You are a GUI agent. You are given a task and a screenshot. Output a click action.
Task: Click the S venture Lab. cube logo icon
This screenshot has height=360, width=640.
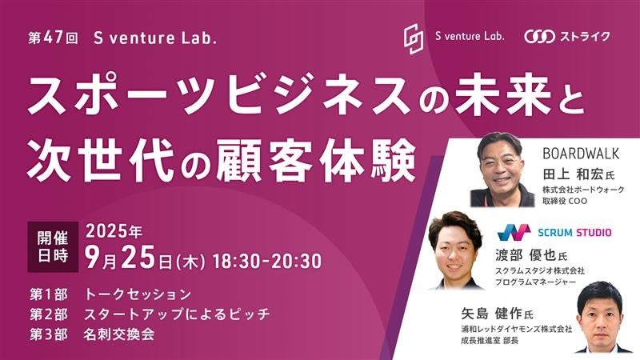coord(414,36)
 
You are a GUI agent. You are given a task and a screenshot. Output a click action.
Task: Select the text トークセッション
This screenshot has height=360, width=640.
coord(139,294)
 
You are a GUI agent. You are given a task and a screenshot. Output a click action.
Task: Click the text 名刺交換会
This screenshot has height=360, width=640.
coord(119,334)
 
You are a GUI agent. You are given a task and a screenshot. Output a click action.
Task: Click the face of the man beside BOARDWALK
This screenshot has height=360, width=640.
coord(502,161)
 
